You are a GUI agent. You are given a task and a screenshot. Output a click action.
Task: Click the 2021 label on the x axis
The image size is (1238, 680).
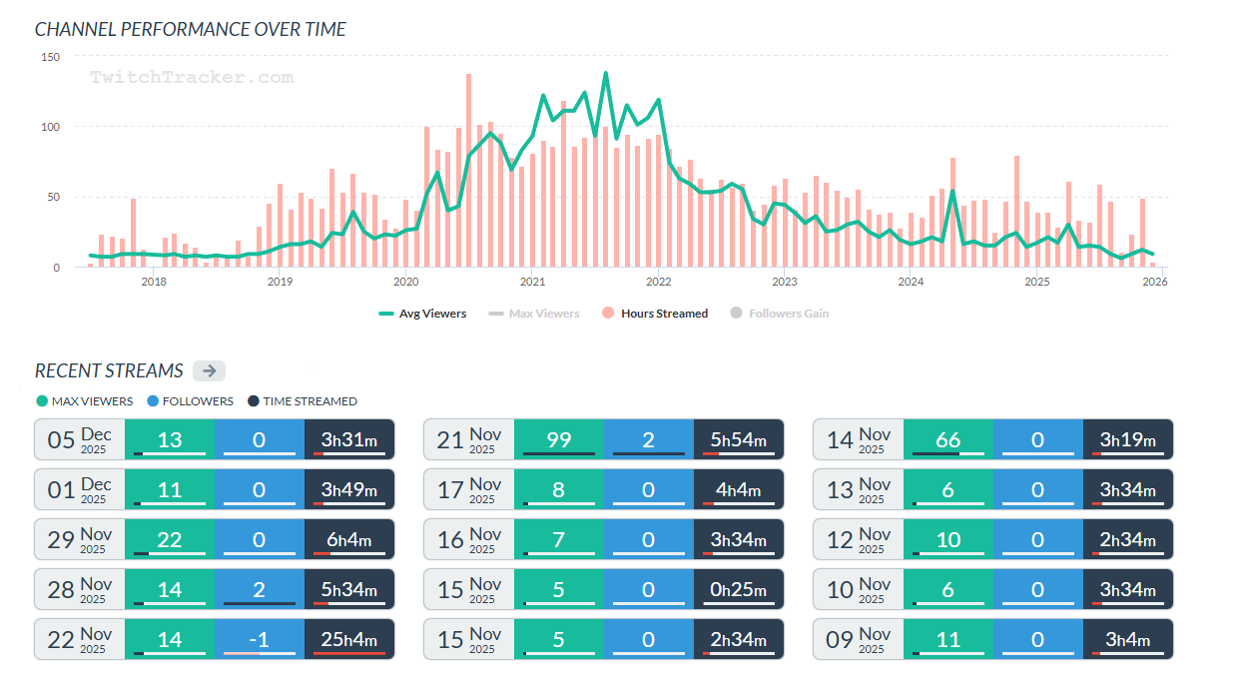(532, 282)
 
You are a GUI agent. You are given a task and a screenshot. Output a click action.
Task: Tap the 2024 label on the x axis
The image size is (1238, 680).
(911, 282)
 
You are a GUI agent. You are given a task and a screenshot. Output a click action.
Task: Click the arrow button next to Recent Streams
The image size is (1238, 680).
(209, 370)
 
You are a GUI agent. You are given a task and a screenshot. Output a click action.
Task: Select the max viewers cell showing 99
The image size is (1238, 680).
(559, 439)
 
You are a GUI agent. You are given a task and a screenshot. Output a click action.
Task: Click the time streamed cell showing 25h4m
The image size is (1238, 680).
(349, 639)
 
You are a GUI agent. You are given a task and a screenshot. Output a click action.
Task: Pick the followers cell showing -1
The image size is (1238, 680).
(260, 639)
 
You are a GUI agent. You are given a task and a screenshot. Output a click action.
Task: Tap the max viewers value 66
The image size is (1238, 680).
(948, 439)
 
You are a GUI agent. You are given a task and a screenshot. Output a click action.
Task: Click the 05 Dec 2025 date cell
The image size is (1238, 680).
(80, 439)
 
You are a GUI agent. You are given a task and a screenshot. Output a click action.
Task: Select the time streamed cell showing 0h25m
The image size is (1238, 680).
(739, 589)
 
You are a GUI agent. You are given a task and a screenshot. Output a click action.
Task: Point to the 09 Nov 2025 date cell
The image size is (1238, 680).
(859, 639)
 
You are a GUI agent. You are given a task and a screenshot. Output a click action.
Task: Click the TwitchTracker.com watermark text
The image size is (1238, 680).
(192, 77)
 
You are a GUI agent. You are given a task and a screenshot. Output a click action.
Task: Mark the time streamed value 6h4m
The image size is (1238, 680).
(349, 539)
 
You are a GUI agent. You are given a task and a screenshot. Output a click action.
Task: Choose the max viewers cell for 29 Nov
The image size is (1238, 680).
(170, 539)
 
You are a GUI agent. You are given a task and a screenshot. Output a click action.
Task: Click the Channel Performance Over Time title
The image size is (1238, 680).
(191, 29)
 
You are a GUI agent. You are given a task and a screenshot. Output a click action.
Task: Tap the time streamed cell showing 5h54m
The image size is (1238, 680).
(739, 439)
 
